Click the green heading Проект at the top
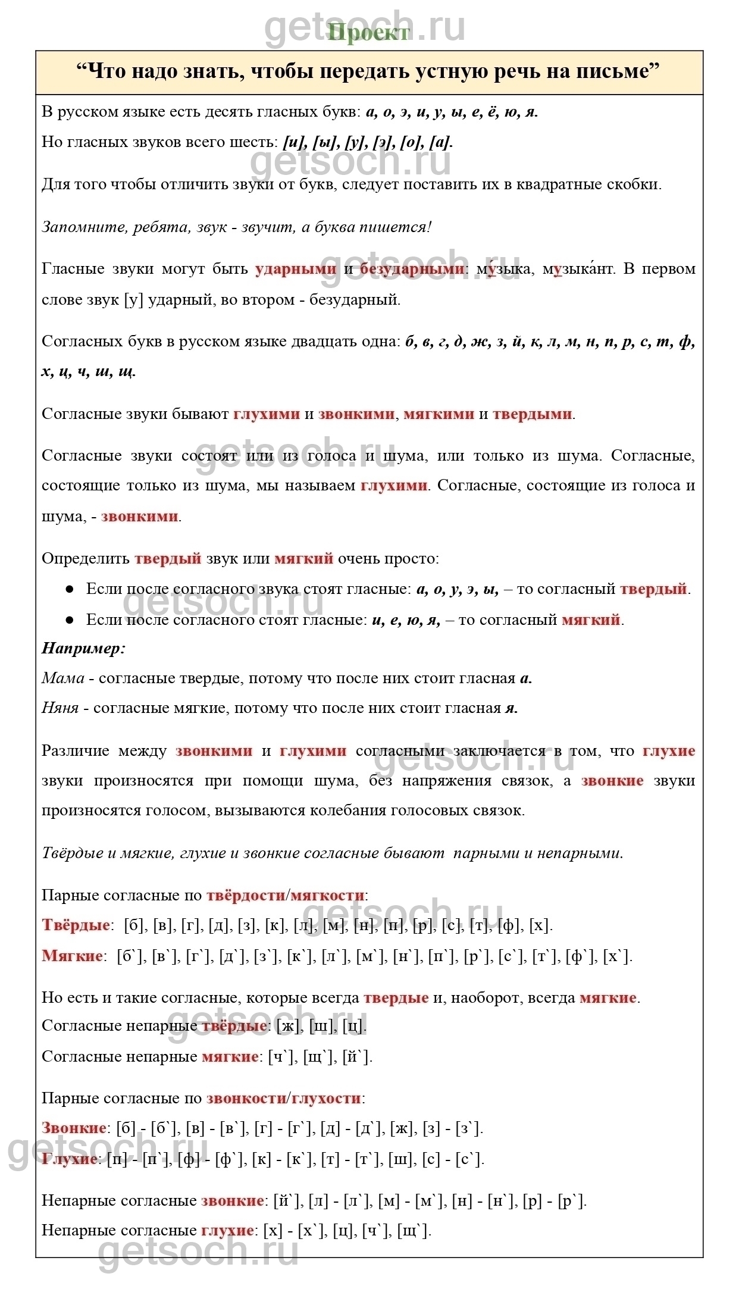(369, 32)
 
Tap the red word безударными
(412, 269)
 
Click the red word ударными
(295, 269)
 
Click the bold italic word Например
(83, 648)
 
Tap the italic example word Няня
(60, 708)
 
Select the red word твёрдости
(246, 895)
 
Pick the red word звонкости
(246, 1098)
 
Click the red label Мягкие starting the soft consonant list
(72, 956)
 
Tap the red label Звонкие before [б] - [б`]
(74, 1128)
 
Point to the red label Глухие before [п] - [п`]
(70, 1159)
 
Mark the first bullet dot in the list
(69, 589)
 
